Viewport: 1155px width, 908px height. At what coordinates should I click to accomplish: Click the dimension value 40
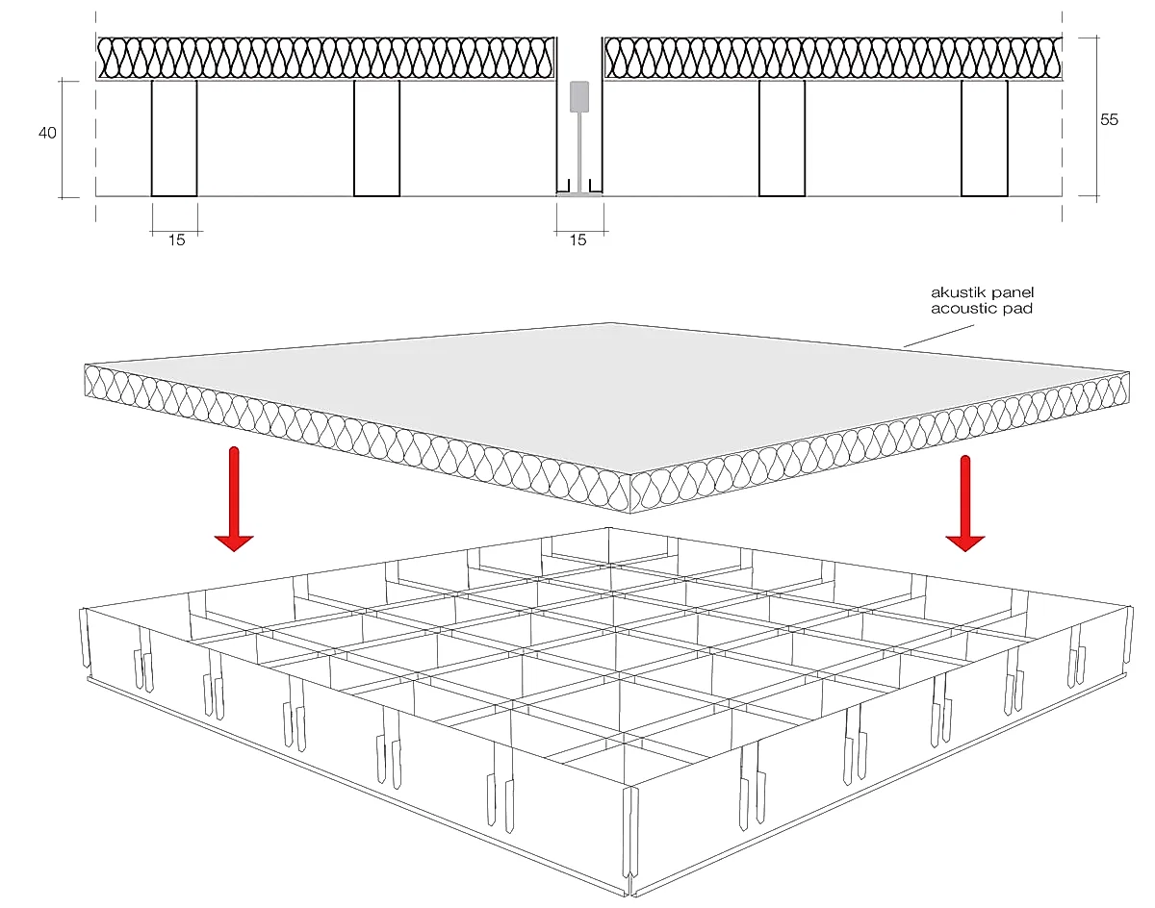(47, 133)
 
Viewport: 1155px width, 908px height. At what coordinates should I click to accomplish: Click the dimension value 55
(1109, 119)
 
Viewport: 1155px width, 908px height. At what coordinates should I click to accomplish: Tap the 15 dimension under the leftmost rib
(176, 240)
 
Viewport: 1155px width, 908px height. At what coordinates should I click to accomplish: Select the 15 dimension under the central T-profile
(577, 240)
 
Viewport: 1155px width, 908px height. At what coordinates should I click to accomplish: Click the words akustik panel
(982, 292)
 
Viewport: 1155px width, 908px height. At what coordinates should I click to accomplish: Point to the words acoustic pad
(982, 309)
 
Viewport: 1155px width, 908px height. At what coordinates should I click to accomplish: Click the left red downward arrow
(234, 499)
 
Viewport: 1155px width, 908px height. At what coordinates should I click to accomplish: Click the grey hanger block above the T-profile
(579, 96)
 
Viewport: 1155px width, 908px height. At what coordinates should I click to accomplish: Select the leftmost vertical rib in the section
(174, 139)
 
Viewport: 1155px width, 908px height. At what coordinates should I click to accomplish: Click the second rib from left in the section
(376, 139)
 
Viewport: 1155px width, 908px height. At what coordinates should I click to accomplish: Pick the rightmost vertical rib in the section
(985, 139)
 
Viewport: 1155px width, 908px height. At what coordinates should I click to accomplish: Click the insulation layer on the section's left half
(325, 59)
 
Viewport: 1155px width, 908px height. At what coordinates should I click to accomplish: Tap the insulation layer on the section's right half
(833, 59)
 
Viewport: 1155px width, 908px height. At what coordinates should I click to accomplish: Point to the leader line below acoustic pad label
(938, 336)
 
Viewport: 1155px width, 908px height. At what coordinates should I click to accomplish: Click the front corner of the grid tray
(630, 895)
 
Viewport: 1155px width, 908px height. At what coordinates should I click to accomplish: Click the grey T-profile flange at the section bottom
(579, 194)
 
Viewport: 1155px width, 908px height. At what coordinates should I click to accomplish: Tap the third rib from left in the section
(782, 139)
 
